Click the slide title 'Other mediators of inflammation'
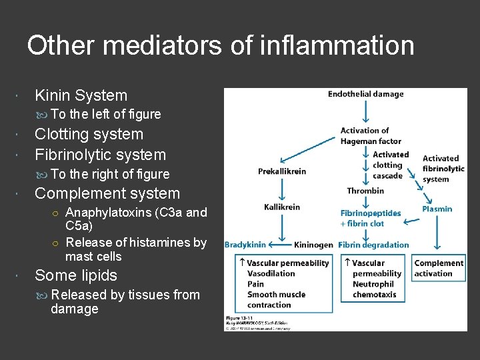(221, 45)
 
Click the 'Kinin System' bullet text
(81, 95)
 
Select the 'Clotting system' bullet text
(89, 134)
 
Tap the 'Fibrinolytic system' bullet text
(100, 155)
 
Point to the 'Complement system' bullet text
(107, 193)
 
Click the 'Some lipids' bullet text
(75, 275)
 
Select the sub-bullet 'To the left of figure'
(105, 114)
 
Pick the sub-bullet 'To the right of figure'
(110, 174)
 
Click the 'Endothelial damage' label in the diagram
(365, 94)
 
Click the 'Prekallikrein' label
(281, 171)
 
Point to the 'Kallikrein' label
(282, 207)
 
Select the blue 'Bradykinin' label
(245, 245)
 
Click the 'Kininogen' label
(313, 245)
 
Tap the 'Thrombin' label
(365, 191)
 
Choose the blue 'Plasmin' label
(437, 209)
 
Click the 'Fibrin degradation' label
(373, 245)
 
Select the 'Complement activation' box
(438, 268)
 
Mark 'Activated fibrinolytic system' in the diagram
(443, 169)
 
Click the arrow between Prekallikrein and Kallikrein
(282, 189)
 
